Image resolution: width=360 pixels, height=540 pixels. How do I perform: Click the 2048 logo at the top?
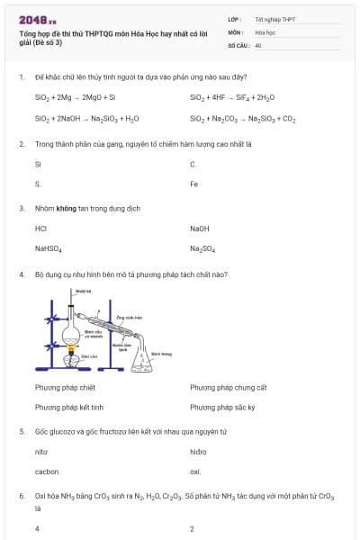37,19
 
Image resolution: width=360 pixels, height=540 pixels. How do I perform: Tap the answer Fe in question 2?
194,184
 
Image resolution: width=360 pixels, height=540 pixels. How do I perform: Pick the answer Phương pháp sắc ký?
222,407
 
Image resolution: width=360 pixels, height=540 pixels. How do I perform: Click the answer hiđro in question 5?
199,451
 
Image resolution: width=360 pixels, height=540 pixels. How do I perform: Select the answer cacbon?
47,471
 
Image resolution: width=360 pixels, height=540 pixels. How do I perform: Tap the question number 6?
21,496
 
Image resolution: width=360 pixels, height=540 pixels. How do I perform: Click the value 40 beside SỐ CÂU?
258,44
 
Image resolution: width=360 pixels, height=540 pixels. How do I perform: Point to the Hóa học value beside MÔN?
265,31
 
